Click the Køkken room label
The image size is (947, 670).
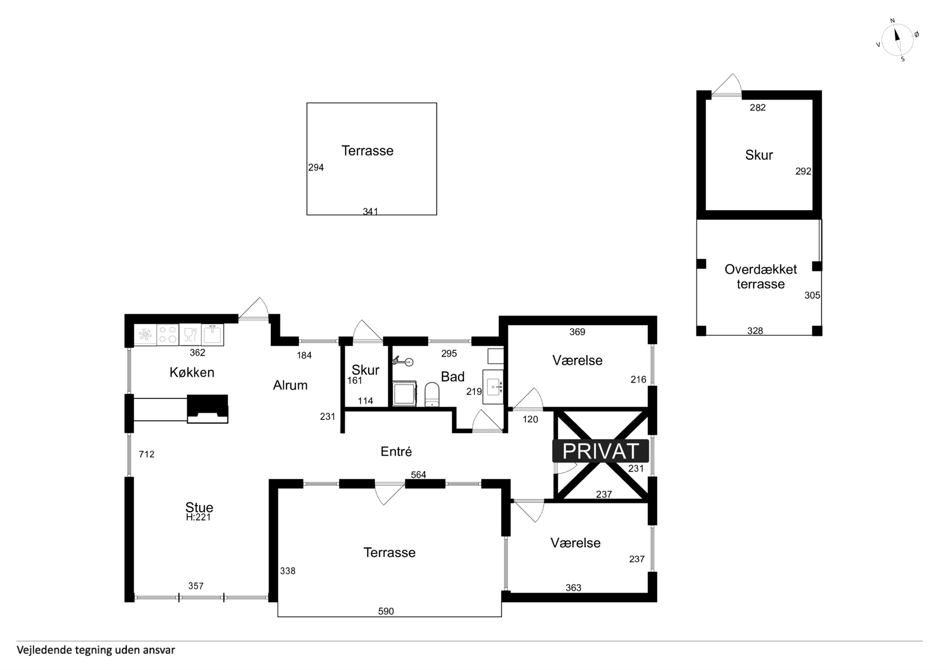(192, 372)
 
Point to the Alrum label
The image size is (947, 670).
(290, 385)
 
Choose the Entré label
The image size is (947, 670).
(396, 451)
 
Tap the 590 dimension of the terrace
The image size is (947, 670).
(386, 611)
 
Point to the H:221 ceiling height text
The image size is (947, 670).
(198, 517)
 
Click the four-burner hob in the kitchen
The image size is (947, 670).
(167, 334)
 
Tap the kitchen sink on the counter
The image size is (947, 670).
(212, 334)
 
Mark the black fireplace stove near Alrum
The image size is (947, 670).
(207, 409)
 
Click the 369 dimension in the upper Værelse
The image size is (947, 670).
(577, 332)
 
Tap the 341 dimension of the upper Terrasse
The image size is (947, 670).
(370, 211)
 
